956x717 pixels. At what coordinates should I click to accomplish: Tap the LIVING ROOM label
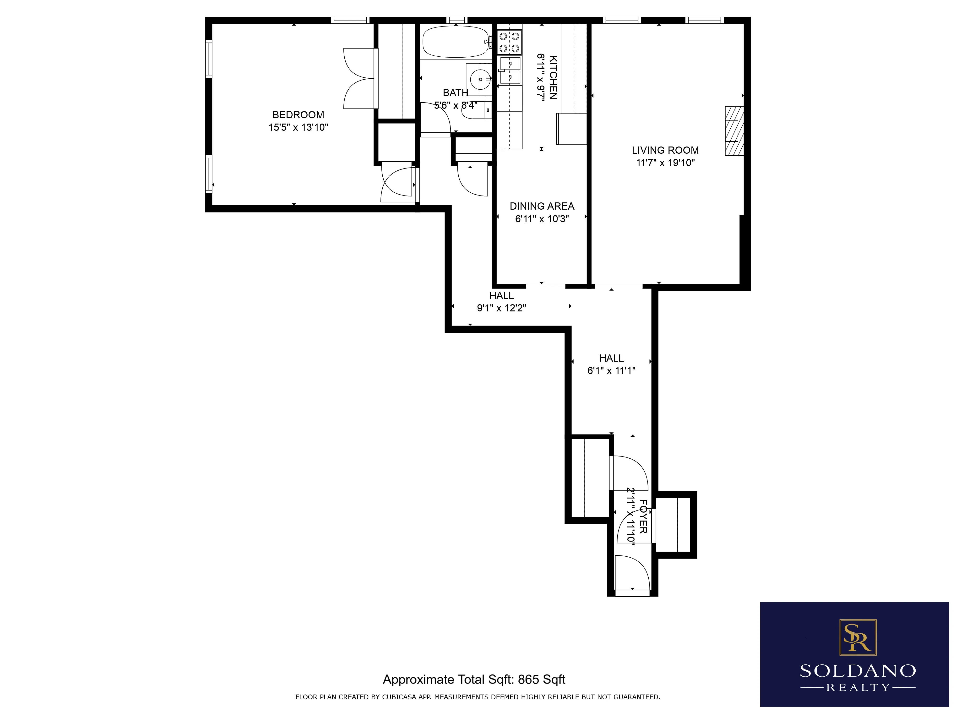[665, 150]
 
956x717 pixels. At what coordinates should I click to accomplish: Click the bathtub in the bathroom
[455, 42]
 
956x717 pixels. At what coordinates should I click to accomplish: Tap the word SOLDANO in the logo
[858, 671]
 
